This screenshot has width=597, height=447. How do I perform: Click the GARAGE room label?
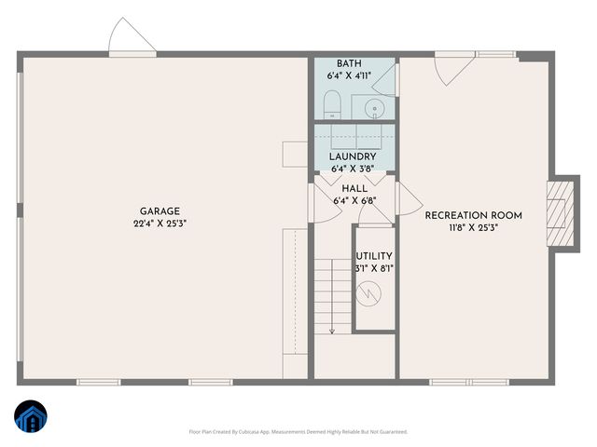pyautogui.click(x=160, y=211)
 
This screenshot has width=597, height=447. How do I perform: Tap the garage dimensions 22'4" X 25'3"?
pyautogui.click(x=160, y=223)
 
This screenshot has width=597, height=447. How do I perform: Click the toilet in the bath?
pyautogui.click(x=330, y=103)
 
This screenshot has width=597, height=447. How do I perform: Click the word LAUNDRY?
pyautogui.click(x=352, y=156)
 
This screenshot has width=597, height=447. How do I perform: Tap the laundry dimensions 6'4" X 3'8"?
pyautogui.click(x=352, y=169)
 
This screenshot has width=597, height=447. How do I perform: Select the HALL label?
pyautogui.click(x=354, y=188)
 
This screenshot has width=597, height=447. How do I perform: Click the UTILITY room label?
pyautogui.click(x=373, y=256)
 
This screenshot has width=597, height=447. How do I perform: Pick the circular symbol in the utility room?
pyautogui.click(x=373, y=293)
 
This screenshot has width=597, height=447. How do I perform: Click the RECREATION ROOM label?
pyautogui.click(x=473, y=215)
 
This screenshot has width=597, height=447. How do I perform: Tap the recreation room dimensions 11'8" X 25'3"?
pyautogui.click(x=473, y=227)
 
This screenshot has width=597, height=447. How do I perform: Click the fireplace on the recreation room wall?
pyautogui.click(x=557, y=212)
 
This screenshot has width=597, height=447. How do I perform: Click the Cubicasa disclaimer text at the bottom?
pyautogui.click(x=298, y=432)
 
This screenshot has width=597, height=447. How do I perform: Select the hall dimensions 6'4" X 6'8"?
pyautogui.click(x=354, y=200)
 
